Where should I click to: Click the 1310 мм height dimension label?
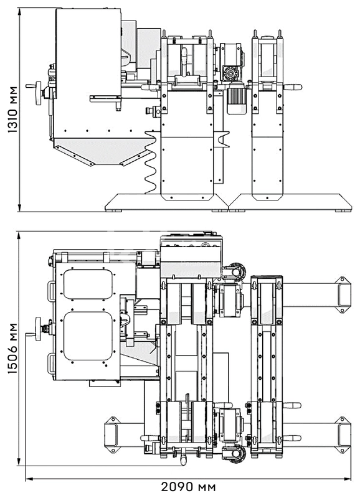click(x=12, y=109)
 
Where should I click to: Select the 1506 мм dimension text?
click(x=12, y=348)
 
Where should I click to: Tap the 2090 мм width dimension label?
click(x=189, y=487)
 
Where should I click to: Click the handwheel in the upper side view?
click(x=39, y=93)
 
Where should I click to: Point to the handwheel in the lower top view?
click(x=39, y=329)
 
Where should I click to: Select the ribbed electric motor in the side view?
click(x=237, y=100)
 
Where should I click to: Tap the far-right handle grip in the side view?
click(x=292, y=87)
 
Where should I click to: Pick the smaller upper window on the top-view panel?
click(x=88, y=284)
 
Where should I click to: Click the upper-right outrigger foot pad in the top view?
click(x=343, y=294)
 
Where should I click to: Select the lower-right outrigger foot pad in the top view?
click(x=343, y=435)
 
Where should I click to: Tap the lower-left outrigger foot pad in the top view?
click(x=112, y=435)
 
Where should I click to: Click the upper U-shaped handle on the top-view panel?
click(x=51, y=291)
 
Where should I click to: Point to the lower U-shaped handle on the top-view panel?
click(x=51, y=364)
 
